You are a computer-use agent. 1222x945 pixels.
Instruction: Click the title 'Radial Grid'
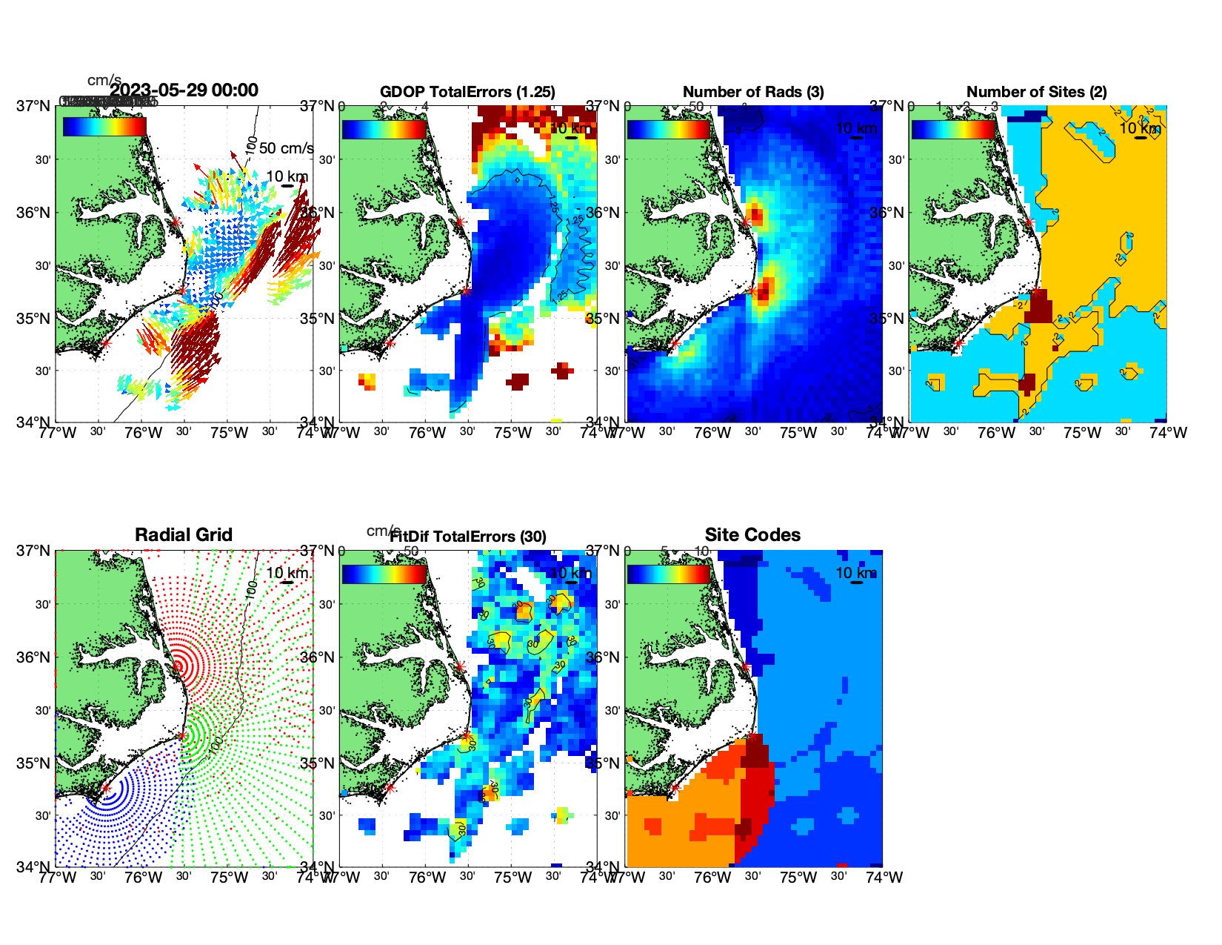click(x=184, y=535)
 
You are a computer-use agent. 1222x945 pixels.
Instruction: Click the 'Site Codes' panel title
click(x=752, y=535)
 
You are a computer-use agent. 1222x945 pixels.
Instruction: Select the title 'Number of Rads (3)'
click(x=752, y=92)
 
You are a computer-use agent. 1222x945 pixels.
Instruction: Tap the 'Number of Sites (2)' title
click(x=1036, y=92)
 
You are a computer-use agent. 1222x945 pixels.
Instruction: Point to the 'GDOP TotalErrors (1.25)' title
click(x=467, y=92)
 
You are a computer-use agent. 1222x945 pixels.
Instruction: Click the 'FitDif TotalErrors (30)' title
click(x=468, y=537)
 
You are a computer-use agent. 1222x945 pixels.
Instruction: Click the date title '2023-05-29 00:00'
click(x=184, y=90)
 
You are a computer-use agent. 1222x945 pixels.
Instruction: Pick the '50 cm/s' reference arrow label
click(x=286, y=148)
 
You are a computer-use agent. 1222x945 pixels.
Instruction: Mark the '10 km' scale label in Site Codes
click(x=856, y=573)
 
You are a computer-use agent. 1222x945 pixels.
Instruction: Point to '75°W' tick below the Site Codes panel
click(x=798, y=878)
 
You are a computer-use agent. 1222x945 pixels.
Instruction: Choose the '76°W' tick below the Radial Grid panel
click(x=143, y=878)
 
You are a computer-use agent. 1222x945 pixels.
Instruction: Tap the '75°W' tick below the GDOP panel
click(x=513, y=433)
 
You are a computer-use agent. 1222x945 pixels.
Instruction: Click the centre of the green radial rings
click(x=183, y=735)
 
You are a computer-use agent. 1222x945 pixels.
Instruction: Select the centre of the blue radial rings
click(x=106, y=788)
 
